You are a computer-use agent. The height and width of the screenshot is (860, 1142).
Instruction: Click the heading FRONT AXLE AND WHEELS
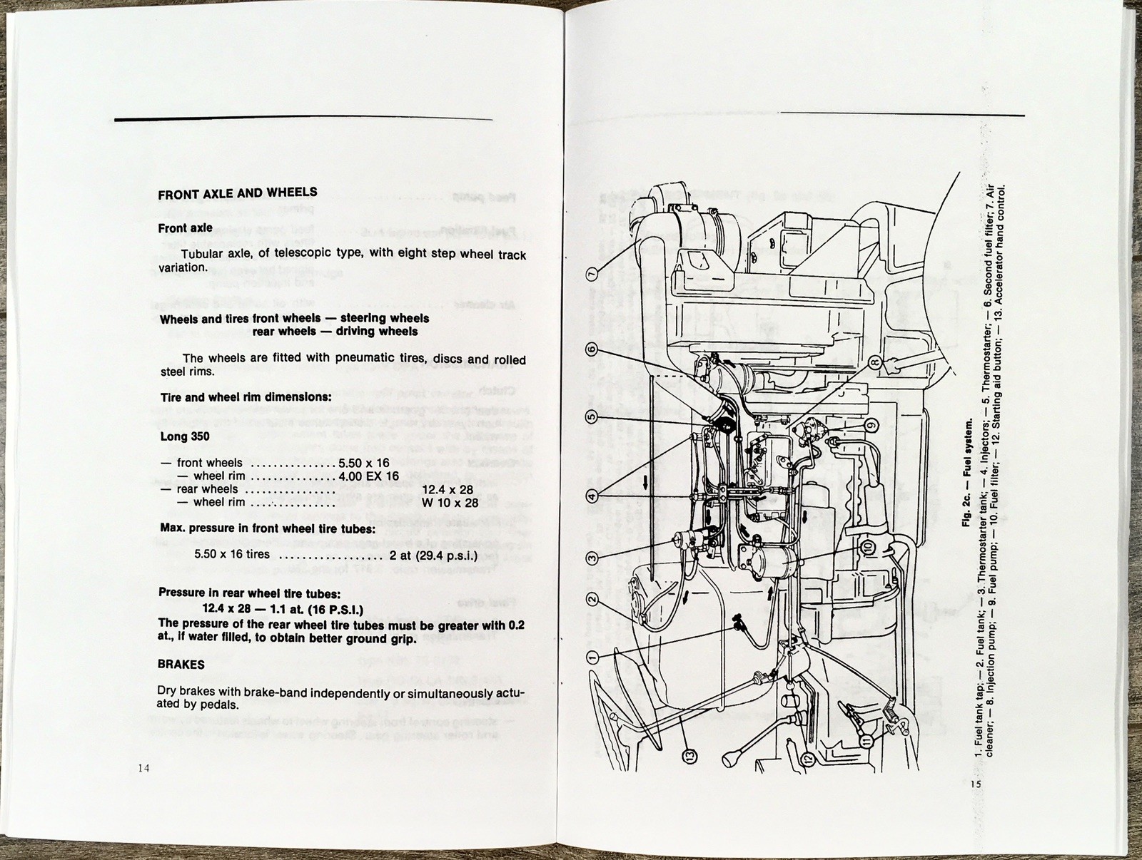pyautogui.click(x=238, y=193)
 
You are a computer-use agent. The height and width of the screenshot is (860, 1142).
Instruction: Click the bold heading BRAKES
pyautogui.click(x=181, y=665)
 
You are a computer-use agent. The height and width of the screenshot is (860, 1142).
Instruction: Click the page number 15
pyautogui.click(x=976, y=784)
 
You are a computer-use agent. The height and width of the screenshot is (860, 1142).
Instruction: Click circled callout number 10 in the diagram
pyautogui.click(x=868, y=546)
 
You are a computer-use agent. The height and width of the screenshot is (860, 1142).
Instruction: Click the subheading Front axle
pyautogui.click(x=186, y=229)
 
